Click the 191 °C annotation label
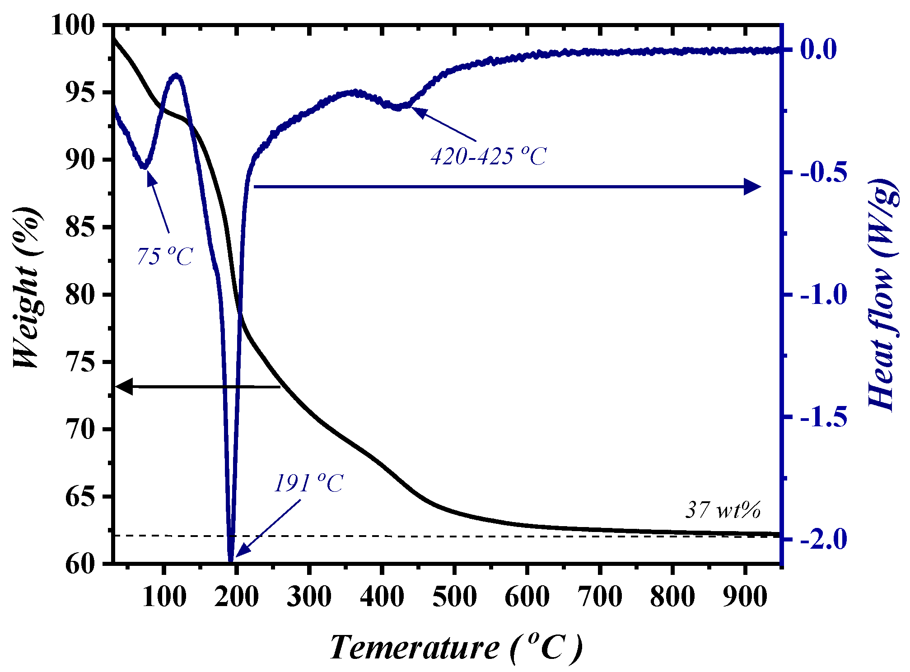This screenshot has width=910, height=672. tap(309, 484)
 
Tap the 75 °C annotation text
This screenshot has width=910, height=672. tap(165, 257)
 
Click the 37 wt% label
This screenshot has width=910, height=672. tap(723, 510)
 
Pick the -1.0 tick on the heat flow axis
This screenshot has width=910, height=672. tap(824, 295)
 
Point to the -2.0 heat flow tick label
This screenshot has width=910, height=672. tap(824, 539)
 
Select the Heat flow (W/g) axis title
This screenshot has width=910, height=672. tap(882, 294)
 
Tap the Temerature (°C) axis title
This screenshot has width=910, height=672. tap(456, 648)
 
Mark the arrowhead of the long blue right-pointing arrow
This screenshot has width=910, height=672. tap(753, 187)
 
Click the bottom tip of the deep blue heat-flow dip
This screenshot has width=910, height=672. tap(231, 561)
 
